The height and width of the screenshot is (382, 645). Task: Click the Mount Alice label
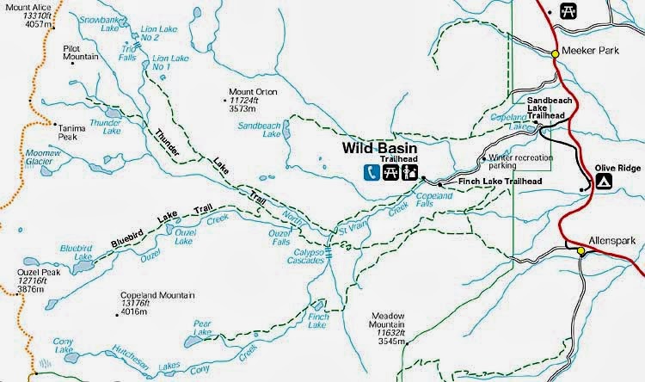click(23, 7)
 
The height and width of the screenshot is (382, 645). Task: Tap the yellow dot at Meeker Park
click(556, 53)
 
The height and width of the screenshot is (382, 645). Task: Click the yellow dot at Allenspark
click(580, 251)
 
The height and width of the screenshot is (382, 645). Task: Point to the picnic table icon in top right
click(568, 10)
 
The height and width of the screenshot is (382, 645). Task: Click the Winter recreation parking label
click(521, 163)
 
